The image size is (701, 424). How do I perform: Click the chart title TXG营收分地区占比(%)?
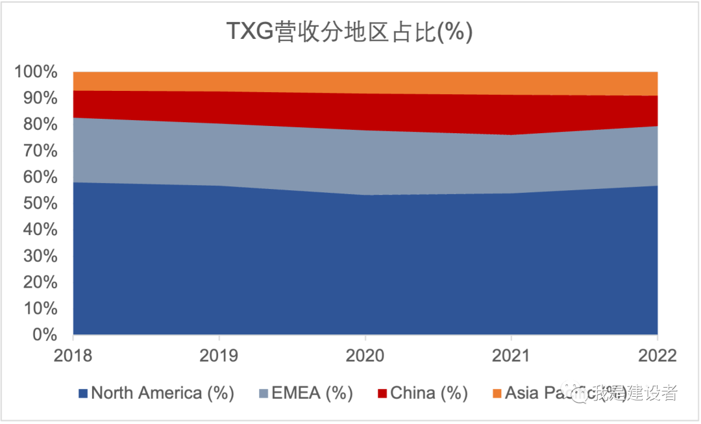350,31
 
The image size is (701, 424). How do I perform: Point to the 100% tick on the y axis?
36,71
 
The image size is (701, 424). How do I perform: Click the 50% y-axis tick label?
40,203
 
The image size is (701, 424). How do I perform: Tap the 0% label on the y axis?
45,335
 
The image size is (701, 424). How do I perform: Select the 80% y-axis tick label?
40,124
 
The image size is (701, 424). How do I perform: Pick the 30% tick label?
40,256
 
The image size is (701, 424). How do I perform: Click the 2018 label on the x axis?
73,356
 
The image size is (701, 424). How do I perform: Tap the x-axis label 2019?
219,356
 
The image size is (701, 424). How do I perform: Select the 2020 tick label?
365,356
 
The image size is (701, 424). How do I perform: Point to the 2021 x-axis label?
511,356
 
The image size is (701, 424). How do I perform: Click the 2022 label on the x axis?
657,356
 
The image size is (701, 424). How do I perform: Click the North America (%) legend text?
162,393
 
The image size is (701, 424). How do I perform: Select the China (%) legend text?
429,393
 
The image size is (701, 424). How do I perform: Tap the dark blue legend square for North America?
82,393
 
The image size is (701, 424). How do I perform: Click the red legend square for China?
382,393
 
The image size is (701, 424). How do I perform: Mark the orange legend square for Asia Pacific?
497,393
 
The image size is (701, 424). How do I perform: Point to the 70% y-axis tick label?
40,151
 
